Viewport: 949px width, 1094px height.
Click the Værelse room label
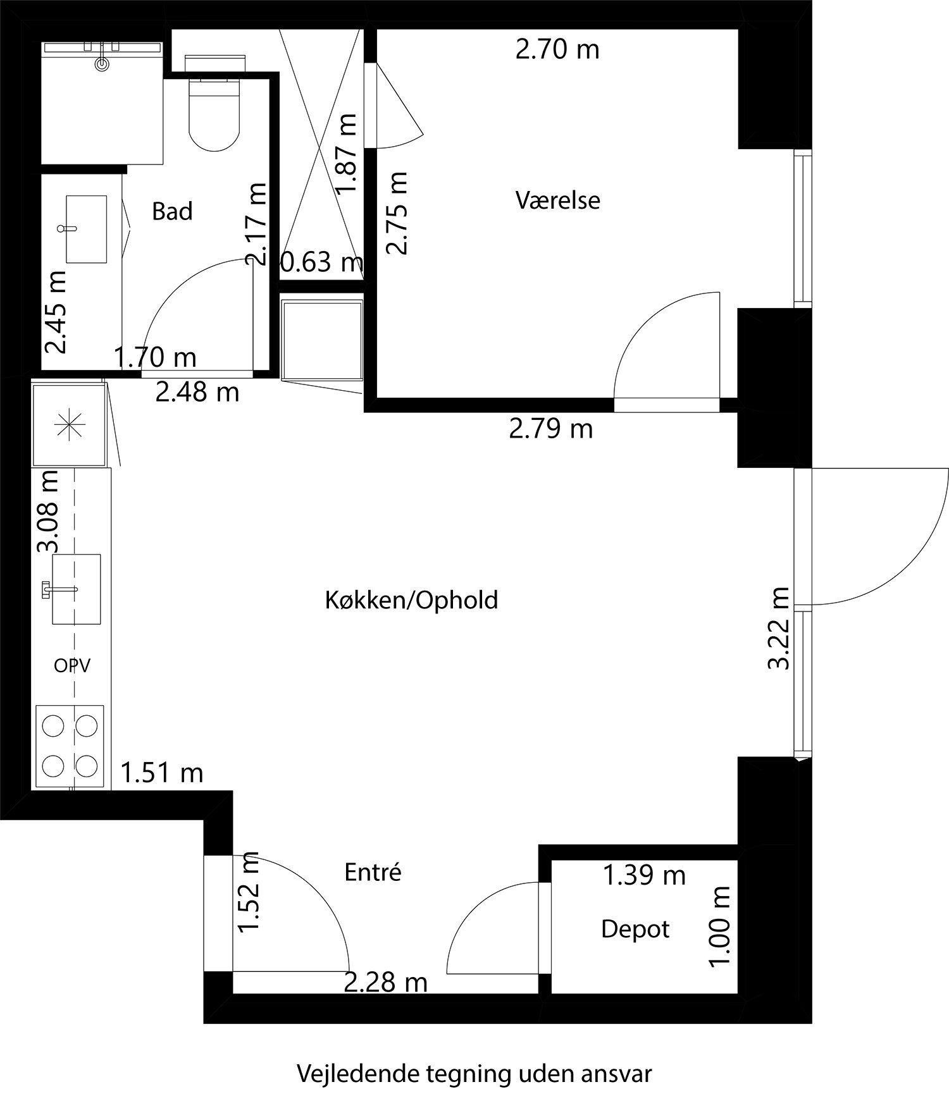557,200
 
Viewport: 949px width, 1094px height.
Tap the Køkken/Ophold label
411,600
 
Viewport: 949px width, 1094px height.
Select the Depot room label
635,929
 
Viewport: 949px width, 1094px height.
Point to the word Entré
373,873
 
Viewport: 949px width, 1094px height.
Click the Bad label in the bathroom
172,212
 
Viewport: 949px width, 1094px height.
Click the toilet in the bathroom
215,114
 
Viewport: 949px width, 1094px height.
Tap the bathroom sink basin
86,229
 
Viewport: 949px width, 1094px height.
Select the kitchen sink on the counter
76,589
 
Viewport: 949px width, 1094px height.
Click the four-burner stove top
70,746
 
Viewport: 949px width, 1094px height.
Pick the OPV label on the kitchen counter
71,665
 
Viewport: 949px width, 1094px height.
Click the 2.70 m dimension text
557,49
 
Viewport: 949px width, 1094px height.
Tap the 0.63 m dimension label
321,262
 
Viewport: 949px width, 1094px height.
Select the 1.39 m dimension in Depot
643,875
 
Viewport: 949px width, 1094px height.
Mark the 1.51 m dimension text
162,772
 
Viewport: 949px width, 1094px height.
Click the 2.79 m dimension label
550,429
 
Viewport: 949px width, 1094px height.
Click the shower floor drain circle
102,64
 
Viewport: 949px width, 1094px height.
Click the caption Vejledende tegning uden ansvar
474,1073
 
